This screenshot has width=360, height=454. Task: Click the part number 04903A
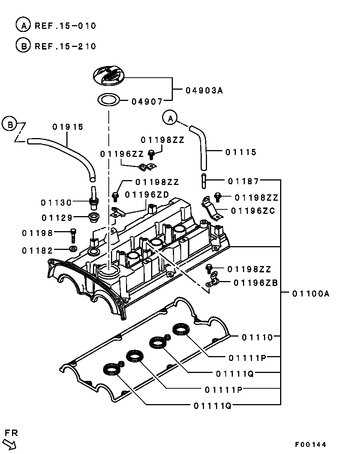click(x=204, y=90)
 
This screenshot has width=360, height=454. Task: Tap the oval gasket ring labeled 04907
click(x=108, y=100)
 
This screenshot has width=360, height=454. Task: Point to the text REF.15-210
click(x=65, y=46)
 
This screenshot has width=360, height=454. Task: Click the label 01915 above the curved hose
click(x=68, y=127)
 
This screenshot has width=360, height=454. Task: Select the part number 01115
click(x=241, y=152)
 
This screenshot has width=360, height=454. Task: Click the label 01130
click(x=56, y=203)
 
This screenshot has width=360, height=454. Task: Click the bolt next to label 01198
click(x=73, y=236)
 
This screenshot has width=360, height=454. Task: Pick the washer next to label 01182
click(x=73, y=249)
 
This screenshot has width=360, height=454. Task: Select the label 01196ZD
click(x=147, y=194)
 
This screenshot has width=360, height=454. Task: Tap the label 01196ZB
click(x=256, y=283)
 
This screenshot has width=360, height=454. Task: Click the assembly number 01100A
click(x=311, y=293)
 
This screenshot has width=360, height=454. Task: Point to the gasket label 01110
click(x=257, y=337)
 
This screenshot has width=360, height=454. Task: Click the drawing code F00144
click(x=310, y=445)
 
